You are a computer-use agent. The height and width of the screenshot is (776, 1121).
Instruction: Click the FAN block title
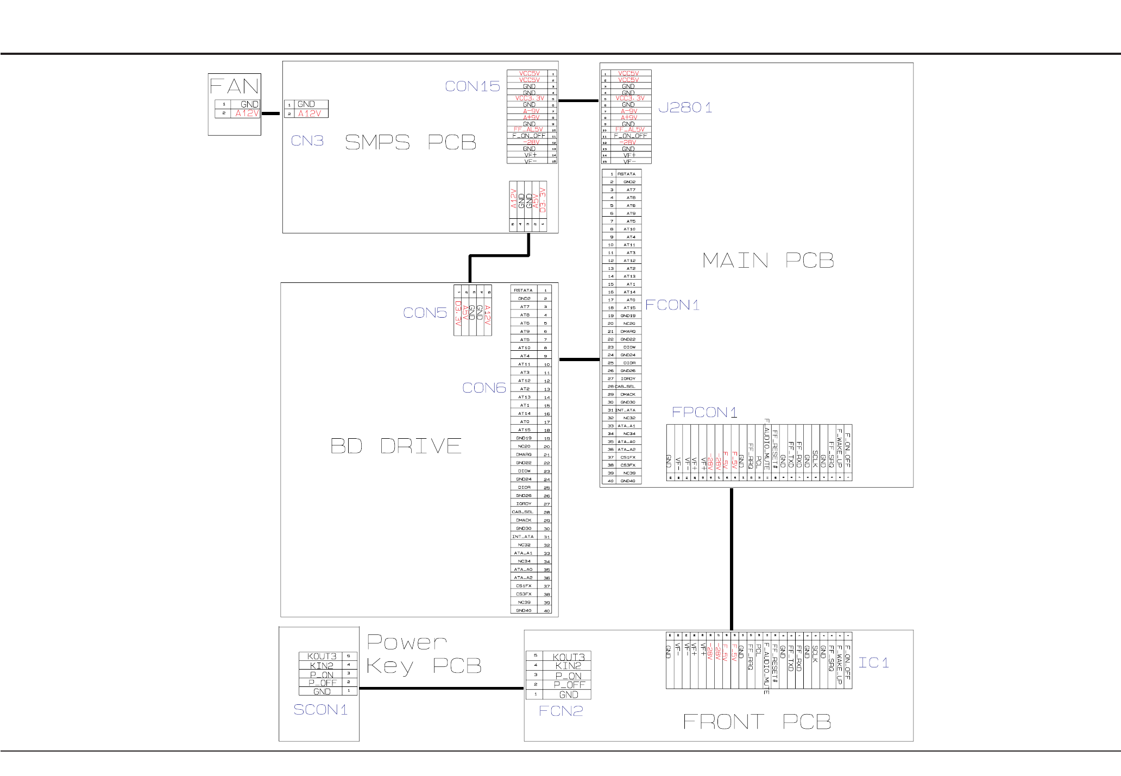click(x=234, y=86)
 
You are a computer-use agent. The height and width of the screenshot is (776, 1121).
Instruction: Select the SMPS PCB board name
click(x=411, y=142)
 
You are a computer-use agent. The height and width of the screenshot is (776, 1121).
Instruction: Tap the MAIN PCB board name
click(x=768, y=261)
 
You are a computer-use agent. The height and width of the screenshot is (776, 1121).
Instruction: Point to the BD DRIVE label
click(x=396, y=446)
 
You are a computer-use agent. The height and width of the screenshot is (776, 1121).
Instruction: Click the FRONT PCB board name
click(x=757, y=722)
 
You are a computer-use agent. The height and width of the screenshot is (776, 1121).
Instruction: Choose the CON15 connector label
click(x=472, y=86)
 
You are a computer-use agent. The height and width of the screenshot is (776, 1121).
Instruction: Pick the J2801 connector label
click(x=685, y=108)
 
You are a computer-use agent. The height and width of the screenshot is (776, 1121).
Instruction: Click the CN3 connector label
click(x=307, y=141)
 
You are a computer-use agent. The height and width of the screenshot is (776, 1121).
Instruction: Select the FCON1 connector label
click(x=672, y=305)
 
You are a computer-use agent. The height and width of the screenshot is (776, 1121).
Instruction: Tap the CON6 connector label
click(x=484, y=388)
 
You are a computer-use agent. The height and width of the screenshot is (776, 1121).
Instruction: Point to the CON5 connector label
click(x=425, y=313)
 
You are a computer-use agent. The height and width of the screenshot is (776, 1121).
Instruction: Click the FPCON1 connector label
click(x=704, y=413)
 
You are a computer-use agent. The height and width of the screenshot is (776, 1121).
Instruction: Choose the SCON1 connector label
click(x=320, y=710)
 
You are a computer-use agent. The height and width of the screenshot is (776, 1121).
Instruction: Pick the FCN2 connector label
click(x=560, y=711)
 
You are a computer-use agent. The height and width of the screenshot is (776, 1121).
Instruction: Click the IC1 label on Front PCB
click(x=873, y=663)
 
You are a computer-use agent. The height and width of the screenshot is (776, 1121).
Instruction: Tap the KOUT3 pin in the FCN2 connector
click(x=569, y=657)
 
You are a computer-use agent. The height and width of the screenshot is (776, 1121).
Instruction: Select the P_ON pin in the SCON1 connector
click(x=322, y=675)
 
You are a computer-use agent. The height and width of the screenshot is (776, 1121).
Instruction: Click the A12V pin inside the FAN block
click(x=247, y=113)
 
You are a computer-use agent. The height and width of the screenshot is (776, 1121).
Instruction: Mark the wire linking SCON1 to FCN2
click(x=441, y=688)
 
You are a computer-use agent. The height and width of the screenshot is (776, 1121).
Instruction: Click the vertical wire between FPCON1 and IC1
click(x=732, y=559)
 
